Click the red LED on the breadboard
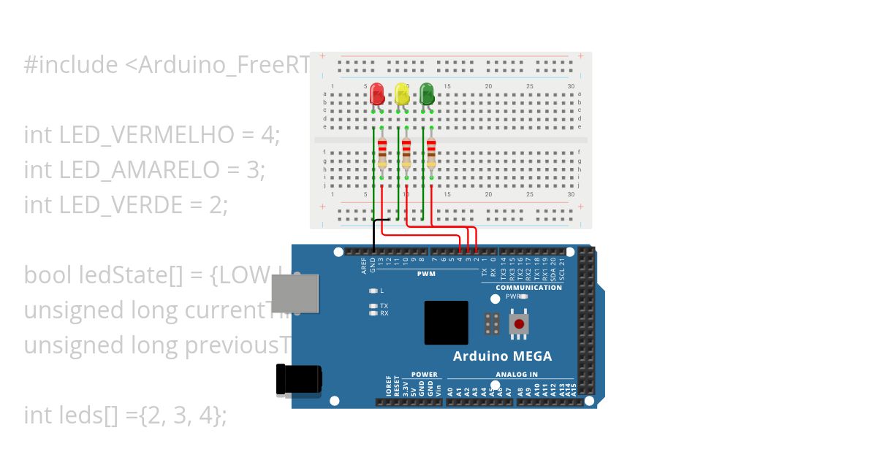377,94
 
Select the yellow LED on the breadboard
402,94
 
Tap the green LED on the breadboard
427,94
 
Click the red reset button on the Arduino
519,324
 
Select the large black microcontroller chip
447,323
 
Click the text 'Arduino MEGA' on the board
502,356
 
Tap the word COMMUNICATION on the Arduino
528,288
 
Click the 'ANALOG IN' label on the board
516,375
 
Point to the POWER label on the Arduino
424,375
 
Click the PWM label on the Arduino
426,274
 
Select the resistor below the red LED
382,153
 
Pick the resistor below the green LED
431,153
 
